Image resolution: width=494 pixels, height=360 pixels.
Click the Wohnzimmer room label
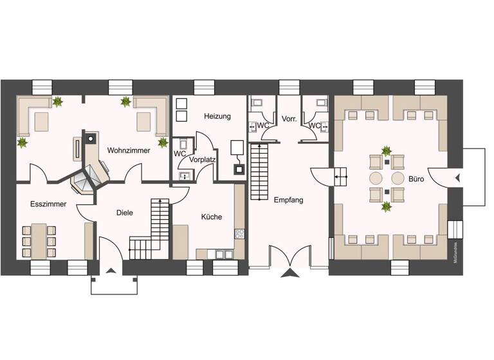coord(129,150)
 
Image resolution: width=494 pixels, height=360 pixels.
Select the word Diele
coord(124,213)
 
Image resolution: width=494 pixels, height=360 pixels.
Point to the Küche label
coord(211,217)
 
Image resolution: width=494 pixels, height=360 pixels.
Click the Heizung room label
coord(217,116)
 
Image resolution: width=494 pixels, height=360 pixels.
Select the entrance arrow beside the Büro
coord(457,177)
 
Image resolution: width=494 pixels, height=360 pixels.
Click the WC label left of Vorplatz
coord(179,154)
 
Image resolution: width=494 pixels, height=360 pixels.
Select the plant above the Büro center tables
coord(387,152)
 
